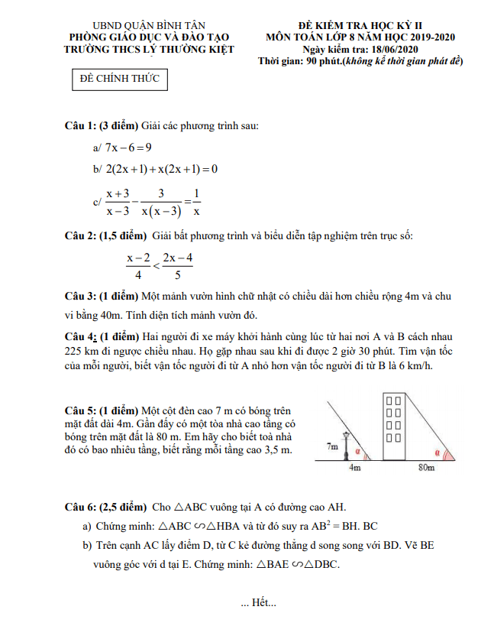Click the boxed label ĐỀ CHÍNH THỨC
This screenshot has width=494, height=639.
pos(118,79)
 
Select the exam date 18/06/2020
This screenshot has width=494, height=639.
pos(390,50)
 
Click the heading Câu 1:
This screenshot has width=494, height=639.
pos(79,125)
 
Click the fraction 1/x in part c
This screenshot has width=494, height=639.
pos(196,202)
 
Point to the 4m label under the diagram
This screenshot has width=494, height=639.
pos(354,467)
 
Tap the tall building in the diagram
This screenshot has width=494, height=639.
pos(394,428)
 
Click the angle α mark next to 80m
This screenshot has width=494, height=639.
pos(437,452)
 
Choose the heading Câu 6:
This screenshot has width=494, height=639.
pos(79,507)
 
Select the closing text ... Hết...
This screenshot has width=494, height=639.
pos(258,604)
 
